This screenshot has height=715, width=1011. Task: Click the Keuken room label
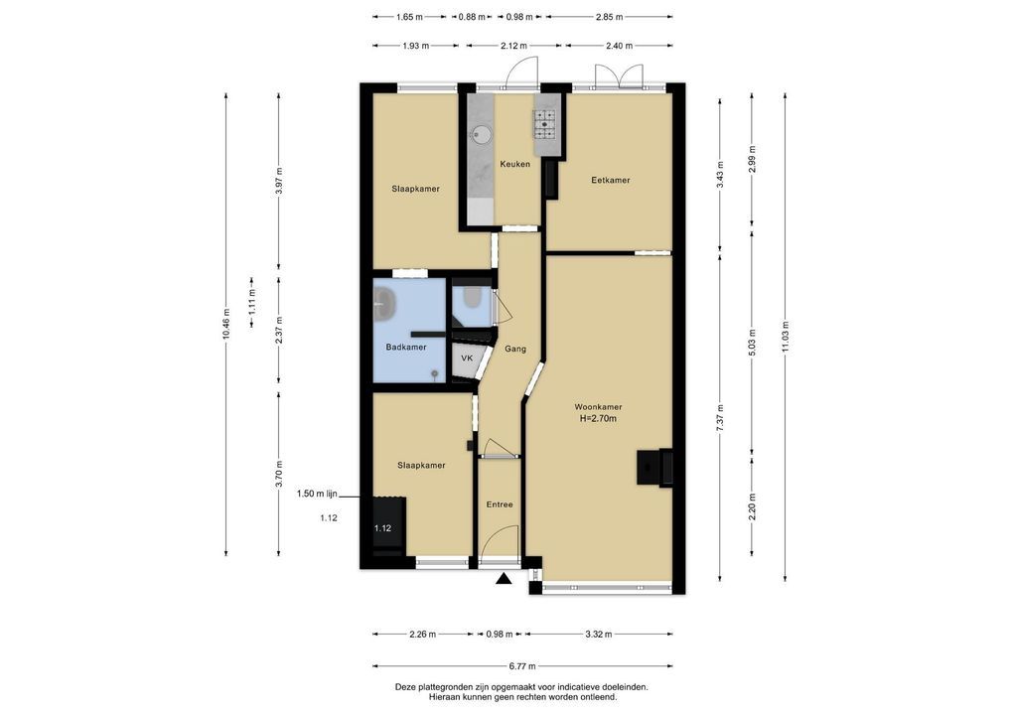click(515, 164)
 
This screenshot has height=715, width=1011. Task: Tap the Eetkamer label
click(611, 180)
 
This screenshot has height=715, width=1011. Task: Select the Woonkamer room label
click(598, 407)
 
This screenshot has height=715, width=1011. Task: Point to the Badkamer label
click(406, 347)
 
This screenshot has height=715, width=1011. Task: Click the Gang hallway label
click(515, 349)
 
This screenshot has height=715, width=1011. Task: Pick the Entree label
click(500, 504)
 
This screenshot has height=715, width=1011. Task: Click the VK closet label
click(467, 357)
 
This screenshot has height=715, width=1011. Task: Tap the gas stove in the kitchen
click(545, 124)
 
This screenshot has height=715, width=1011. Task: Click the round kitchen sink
click(482, 135)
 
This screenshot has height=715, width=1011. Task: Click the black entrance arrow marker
click(504, 579)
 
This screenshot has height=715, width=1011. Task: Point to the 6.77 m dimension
click(522, 666)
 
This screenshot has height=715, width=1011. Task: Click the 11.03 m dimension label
click(785, 337)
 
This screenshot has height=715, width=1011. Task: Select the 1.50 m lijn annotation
click(317, 494)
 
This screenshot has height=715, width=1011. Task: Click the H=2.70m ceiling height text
click(598, 418)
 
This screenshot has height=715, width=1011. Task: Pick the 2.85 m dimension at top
click(610, 17)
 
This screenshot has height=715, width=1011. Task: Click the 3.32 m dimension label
click(598, 634)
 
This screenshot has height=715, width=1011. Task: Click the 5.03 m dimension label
click(752, 342)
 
